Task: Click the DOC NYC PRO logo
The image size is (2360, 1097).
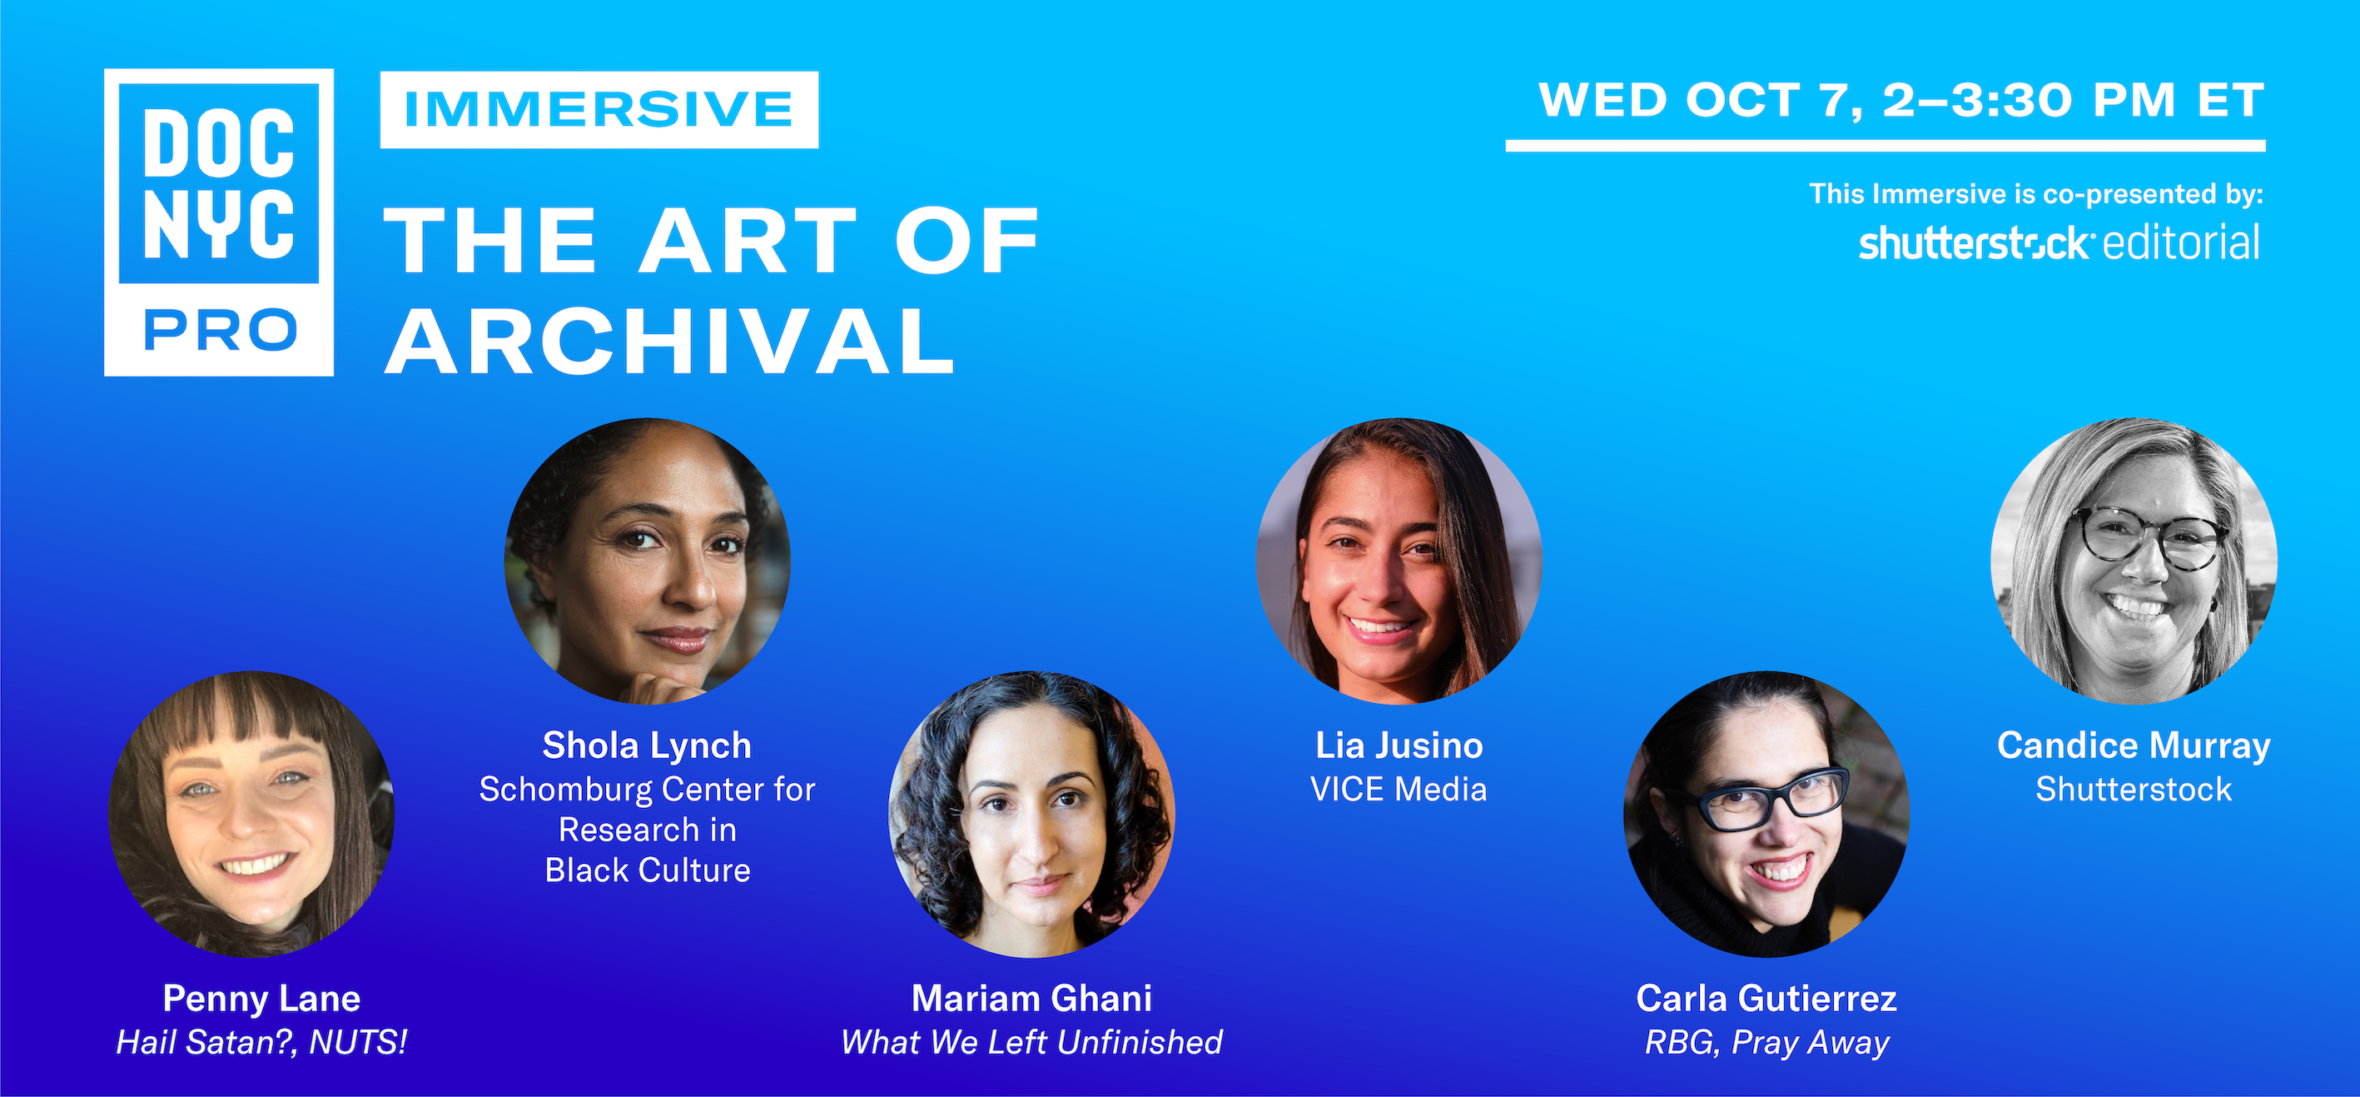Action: pyautogui.click(x=219, y=222)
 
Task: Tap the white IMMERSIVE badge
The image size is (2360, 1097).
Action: pyautogui.click(x=599, y=110)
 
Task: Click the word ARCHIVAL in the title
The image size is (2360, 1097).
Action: pyautogui.click(x=669, y=341)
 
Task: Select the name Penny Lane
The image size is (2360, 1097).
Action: pyautogui.click(x=261, y=998)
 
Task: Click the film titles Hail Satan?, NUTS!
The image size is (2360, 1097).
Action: pyautogui.click(x=261, y=1042)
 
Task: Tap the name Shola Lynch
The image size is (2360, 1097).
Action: pyautogui.click(x=647, y=745)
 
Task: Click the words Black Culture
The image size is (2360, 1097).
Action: pyautogui.click(x=648, y=870)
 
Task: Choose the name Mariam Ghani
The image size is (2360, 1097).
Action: pyautogui.click(x=1031, y=998)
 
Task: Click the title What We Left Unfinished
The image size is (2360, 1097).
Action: pyautogui.click(x=1031, y=1042)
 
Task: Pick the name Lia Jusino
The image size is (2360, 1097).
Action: pyautogui.click(x=1399, y=745)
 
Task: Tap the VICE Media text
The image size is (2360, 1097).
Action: pyautogui.click(x=1399, y=789)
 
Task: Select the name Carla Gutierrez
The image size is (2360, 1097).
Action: pyautogui.click(x=1766, y=998)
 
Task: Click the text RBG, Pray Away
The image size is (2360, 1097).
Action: pyautogui.click(x=1766, y=1043)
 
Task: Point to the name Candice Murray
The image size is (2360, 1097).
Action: pyautogui.click(x=2134, y=745)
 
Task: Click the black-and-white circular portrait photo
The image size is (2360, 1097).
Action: pyautogui.click(x=2134, y=561)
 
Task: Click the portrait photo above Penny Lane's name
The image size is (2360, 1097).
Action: pyautogui.click(x=252, y=815)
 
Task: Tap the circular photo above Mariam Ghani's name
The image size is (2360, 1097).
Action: pyautogui.click(x=1031, y=815)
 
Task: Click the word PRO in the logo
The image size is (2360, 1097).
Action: pyautogui.click(x=220, y=330)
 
